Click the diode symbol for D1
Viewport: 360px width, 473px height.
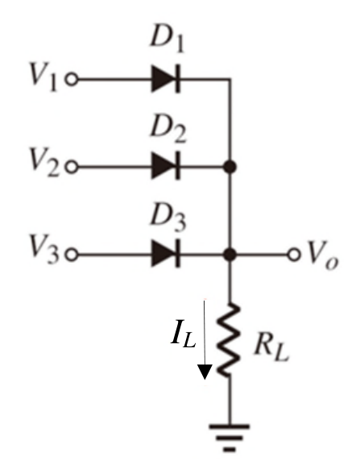tap(166, 79)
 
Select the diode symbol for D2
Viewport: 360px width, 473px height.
tap(166, 166)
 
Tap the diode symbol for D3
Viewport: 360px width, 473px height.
tap(166, 254)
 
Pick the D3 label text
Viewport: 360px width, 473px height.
tap(168, 217)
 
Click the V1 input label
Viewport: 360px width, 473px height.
tap(43, 76)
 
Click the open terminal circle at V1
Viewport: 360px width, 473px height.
tap(72, 80)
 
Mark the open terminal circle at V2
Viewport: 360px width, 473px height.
tap(72, 167)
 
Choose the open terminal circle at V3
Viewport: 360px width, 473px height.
tap(72, 255)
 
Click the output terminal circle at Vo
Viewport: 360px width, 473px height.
tap(294, 255)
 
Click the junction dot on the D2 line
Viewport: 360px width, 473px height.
tap(230, 167)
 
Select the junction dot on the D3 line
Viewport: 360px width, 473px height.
tap(230, 255)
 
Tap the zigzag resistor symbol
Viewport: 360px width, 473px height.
tap(230, 340)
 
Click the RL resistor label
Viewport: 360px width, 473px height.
tap(271, 347)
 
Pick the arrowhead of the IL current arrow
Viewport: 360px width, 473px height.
tap(205, 371)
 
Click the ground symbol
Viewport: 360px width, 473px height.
tap(230, 438)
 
